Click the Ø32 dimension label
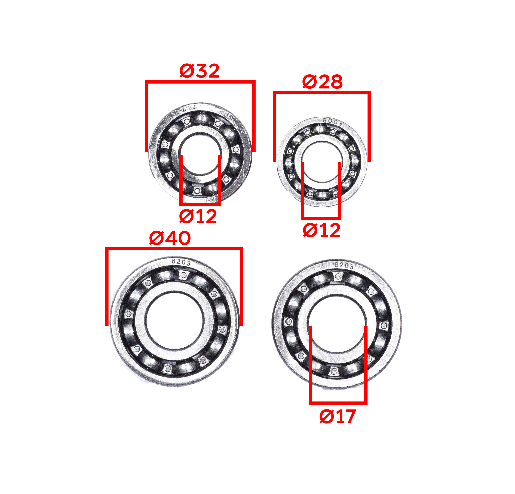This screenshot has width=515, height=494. tap(199, 71)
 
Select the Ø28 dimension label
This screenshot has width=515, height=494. tap(322, 82)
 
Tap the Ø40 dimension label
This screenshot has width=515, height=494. tap(170, 238)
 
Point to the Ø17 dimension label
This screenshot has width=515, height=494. tap(338, 417)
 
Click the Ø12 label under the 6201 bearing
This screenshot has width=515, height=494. tap(198, 216)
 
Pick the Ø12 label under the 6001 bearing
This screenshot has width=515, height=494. tap(322, 231)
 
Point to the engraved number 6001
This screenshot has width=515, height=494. tap(333, 122)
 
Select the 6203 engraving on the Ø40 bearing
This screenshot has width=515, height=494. tap(181, 262)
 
